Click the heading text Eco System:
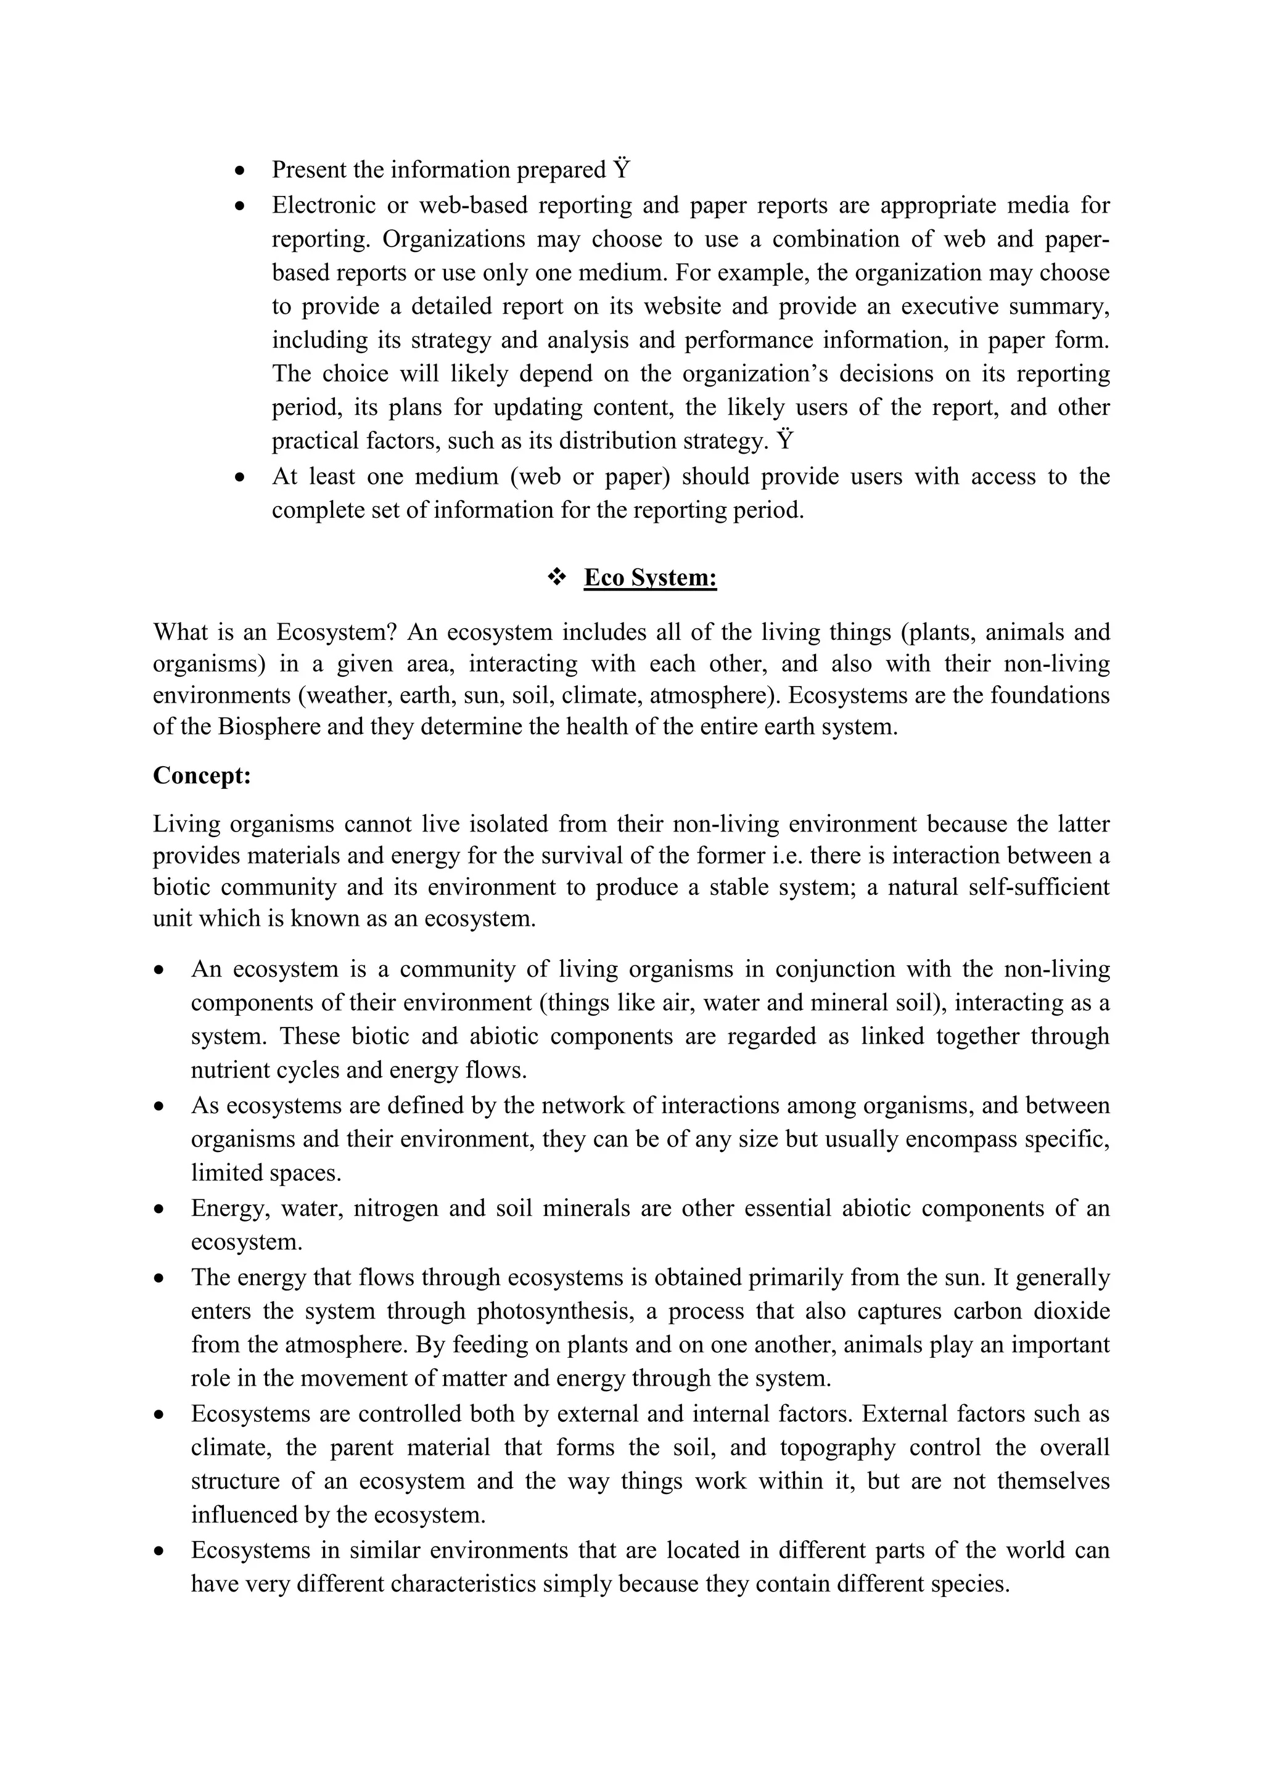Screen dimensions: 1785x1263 [x=650, y=578]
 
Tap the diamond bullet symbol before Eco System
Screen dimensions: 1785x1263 [x=557, y=577]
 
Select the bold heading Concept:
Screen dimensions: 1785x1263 [x=202, y=776]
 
